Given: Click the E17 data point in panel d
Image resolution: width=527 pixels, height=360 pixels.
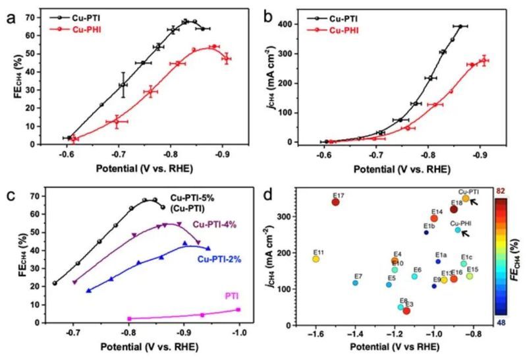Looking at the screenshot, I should click(x=335, y=202).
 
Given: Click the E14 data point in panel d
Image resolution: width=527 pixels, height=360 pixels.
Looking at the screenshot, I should click(x=434, y=218).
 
